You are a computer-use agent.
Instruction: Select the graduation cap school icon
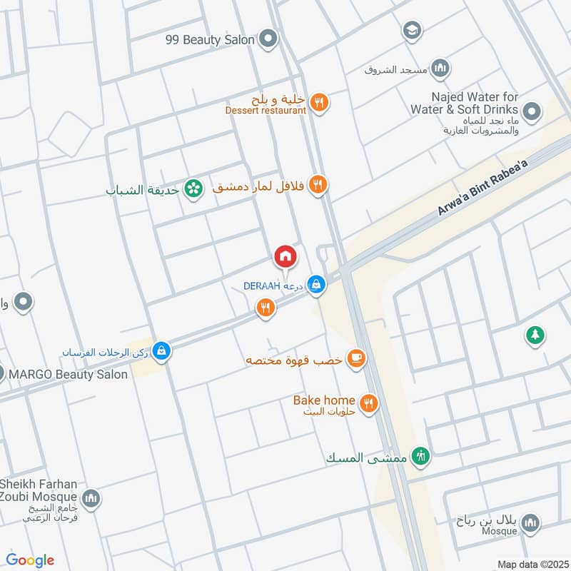click(x=411, y=30)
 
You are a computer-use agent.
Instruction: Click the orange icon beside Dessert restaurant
click(x=319, y=103)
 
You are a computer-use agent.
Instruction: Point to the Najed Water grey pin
click(x=531, y=111)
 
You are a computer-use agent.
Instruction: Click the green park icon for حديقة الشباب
click(x=191, y=188)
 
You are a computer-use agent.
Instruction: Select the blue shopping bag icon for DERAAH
click(x=318, y=285)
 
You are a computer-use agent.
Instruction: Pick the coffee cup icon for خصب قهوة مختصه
click(x=355, y=360)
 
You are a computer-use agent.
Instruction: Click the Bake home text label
click(x=324, y=400)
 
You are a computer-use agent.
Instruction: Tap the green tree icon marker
click(x=535, y=334)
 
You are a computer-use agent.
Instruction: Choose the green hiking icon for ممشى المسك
click(x=421, y=456)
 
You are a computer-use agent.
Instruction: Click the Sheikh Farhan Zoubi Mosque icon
click(x=91, y=498)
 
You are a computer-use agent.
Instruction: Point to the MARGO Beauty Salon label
click(x=68, y=374)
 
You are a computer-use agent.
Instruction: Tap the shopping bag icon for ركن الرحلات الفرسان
click(x=161, y=351)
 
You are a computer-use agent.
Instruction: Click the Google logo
click(x=30, y=560)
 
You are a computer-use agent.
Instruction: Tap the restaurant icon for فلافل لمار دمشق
click(x=319, y=186)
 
